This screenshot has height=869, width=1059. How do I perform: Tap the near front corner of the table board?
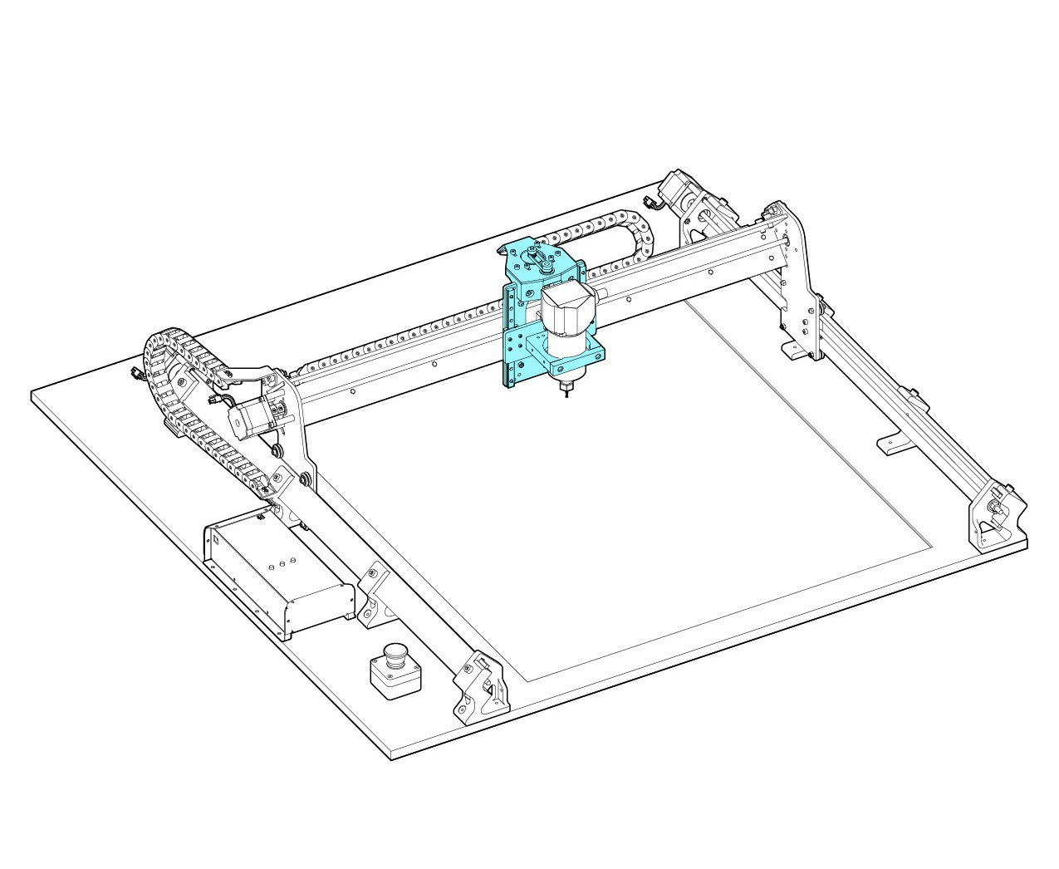click(390, 756)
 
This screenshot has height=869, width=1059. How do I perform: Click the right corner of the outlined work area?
click(932, 547)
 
